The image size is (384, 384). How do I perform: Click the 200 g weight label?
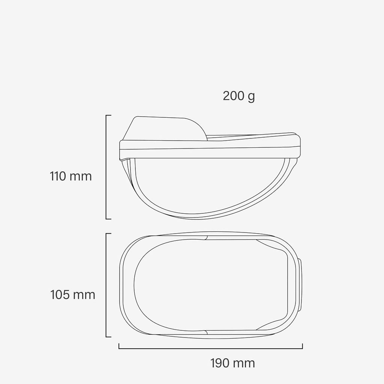(239, 96)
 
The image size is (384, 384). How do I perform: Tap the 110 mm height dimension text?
(71, 176)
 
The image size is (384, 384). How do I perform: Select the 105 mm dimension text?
(72, 295)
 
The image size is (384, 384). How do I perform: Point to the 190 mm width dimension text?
(232, 363)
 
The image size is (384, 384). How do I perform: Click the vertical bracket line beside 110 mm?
(106, 167)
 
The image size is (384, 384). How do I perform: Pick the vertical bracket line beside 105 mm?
(106, 285)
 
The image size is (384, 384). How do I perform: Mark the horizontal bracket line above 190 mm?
(211, 348)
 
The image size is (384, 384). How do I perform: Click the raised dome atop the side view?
(169, 128)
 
